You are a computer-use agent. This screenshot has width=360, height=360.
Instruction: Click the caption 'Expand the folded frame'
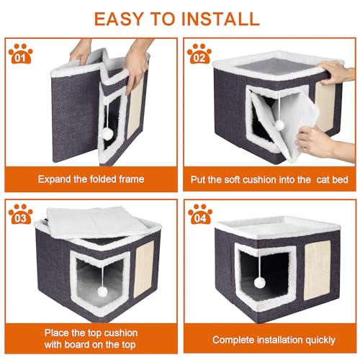(x=91, y=179)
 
